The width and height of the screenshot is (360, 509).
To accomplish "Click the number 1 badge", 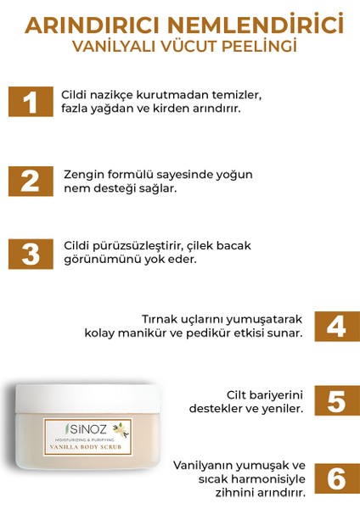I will click(x=31, y=102).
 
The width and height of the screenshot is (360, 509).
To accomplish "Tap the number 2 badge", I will click(x=31, y=180).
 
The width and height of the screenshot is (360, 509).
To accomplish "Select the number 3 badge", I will click(x=31, y=253).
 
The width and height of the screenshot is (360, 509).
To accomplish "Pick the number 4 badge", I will click(x=331, y=326).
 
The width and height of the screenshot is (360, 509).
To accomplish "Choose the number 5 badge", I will click(x=331, y=401).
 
